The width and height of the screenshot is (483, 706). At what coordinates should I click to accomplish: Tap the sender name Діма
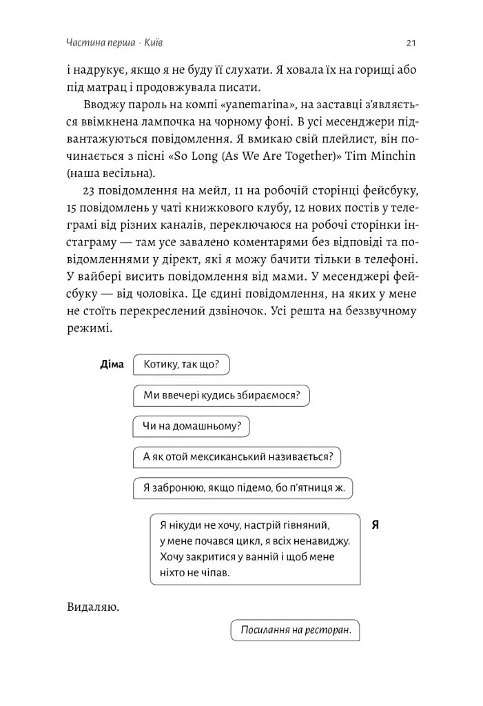point(112,364)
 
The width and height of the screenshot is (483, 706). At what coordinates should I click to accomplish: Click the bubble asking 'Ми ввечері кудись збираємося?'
point(220,395)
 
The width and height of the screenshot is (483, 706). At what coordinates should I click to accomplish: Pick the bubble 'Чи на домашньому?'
point(190,426)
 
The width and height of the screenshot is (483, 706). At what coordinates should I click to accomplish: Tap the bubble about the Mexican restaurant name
point(236,457)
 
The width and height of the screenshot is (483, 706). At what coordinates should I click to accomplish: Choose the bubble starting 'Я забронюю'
point(242,488)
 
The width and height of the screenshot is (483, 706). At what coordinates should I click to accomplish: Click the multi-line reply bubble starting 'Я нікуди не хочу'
point(254,548)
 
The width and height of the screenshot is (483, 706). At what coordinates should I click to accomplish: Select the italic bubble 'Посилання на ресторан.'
point(295,629)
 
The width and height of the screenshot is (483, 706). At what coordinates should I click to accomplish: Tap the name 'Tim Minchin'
point(384,156)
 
